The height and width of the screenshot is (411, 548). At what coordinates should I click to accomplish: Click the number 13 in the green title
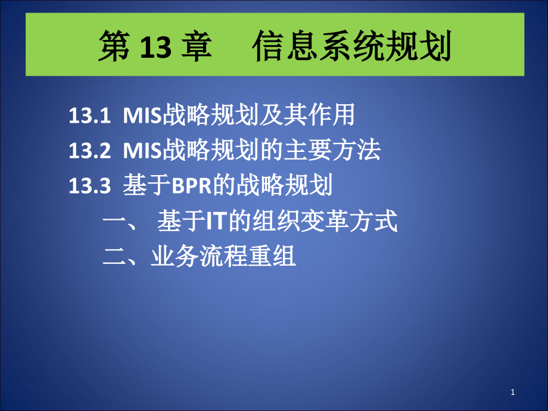[157, 48]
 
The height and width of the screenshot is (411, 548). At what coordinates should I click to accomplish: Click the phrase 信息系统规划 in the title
[351, 48]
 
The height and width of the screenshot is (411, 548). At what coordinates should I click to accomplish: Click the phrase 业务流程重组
[223, 257]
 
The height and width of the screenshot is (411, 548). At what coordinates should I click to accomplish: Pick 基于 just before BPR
[146, 186]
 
